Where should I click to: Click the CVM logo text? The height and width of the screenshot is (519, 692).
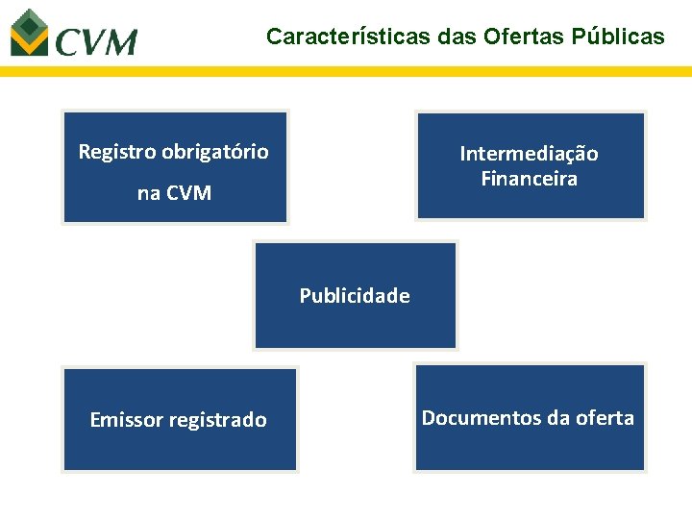click(x=96, y=42)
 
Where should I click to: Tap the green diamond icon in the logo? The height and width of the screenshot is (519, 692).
click(x=28, y=31)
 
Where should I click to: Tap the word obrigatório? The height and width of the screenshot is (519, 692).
click(x=215, y=152)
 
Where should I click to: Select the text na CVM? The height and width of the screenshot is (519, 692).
click(x=174, y=193)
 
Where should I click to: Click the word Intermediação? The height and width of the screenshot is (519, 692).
click(x=529, y=154)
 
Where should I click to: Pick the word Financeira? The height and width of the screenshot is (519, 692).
click(x=529, y=179)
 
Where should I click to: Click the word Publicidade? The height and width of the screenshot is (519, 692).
click(x=355, y=296)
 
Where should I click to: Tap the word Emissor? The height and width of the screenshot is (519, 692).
click(x=126, y=420)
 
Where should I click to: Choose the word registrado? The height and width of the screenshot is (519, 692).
click(x=217, y=420)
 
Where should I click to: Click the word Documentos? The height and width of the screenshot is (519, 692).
click(x=468, y=418)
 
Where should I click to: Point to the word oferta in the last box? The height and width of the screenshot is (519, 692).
click(x=605, y=418)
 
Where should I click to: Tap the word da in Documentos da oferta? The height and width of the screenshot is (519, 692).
click(x=557, y=418)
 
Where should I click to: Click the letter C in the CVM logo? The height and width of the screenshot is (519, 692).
click(x=68, y=42)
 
